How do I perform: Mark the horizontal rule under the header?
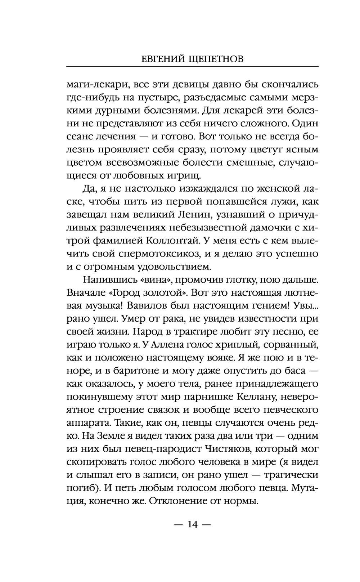(x=193, y=67)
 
